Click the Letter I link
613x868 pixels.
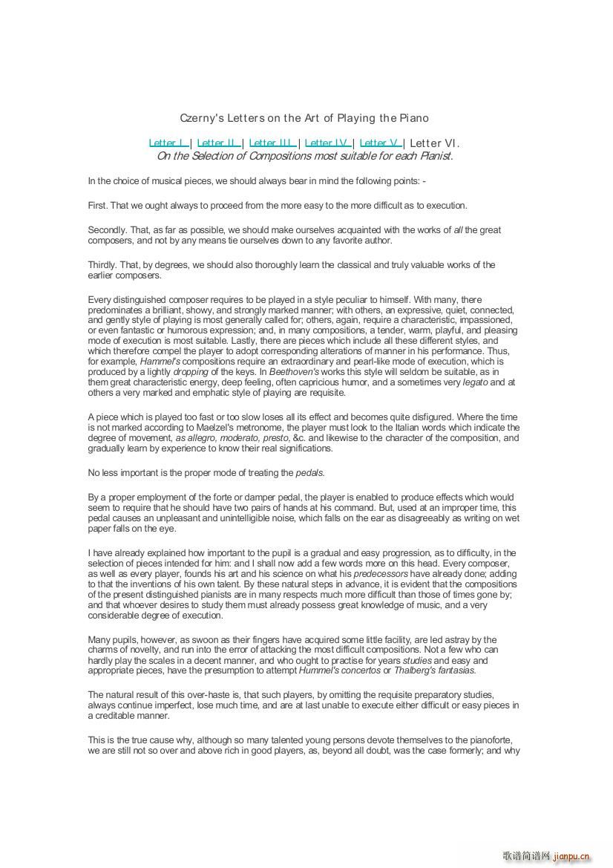pos(167,143)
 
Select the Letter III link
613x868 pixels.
pos(272,143)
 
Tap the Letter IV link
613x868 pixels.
pos(327,143)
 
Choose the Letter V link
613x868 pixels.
pos(380,143)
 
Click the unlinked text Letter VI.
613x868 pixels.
pos(434,143)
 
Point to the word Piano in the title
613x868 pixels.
pos(414,118)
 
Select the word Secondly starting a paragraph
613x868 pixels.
pos(108,230)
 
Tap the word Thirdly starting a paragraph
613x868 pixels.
pos(102,265)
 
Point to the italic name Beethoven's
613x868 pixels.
pos(295,372)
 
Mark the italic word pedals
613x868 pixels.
pos(310,473)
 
